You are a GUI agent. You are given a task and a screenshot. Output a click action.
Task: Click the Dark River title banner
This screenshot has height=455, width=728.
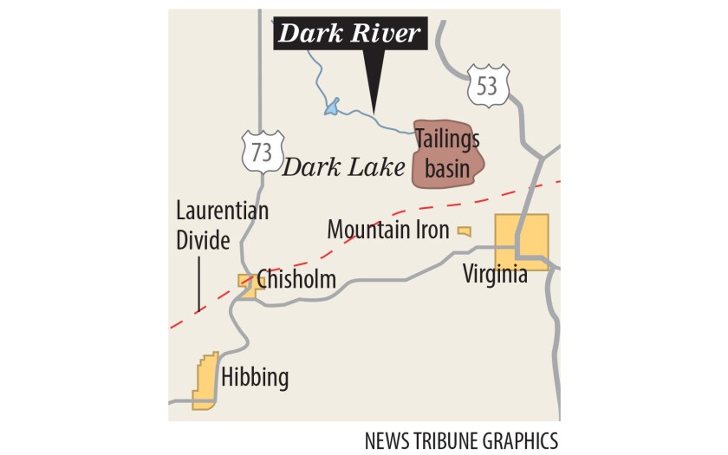coord(348,35)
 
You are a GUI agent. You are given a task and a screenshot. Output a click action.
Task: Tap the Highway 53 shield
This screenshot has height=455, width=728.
coord(488,85)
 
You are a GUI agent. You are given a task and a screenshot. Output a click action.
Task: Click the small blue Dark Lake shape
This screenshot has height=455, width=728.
coord(330,107)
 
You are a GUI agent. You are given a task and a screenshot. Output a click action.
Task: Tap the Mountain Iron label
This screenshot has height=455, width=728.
coord(387,231)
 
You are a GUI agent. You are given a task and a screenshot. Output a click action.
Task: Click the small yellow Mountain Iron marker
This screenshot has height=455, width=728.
coord(465,231)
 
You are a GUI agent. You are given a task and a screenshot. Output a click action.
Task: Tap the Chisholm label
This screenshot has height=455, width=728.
coord(296,279)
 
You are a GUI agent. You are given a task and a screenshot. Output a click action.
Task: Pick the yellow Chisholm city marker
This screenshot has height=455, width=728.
coord(248,284)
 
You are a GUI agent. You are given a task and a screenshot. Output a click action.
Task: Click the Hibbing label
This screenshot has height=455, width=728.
coord(255,378)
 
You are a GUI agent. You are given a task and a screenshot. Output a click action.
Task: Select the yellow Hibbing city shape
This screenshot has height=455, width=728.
coord(205,381)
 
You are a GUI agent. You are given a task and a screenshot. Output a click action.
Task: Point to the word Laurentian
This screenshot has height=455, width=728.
coord(222,211)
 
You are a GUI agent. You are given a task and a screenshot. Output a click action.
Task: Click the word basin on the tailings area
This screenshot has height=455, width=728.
coord(447,168)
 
